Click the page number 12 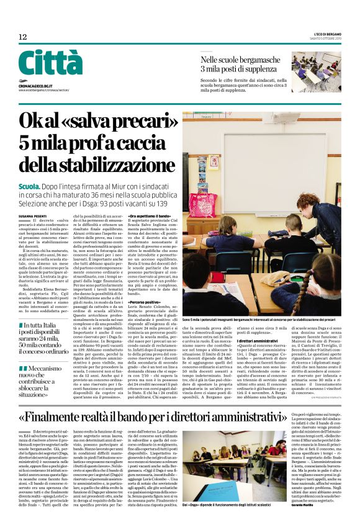(23, 37)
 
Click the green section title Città (50, 63)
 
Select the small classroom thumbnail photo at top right (316, 72)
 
